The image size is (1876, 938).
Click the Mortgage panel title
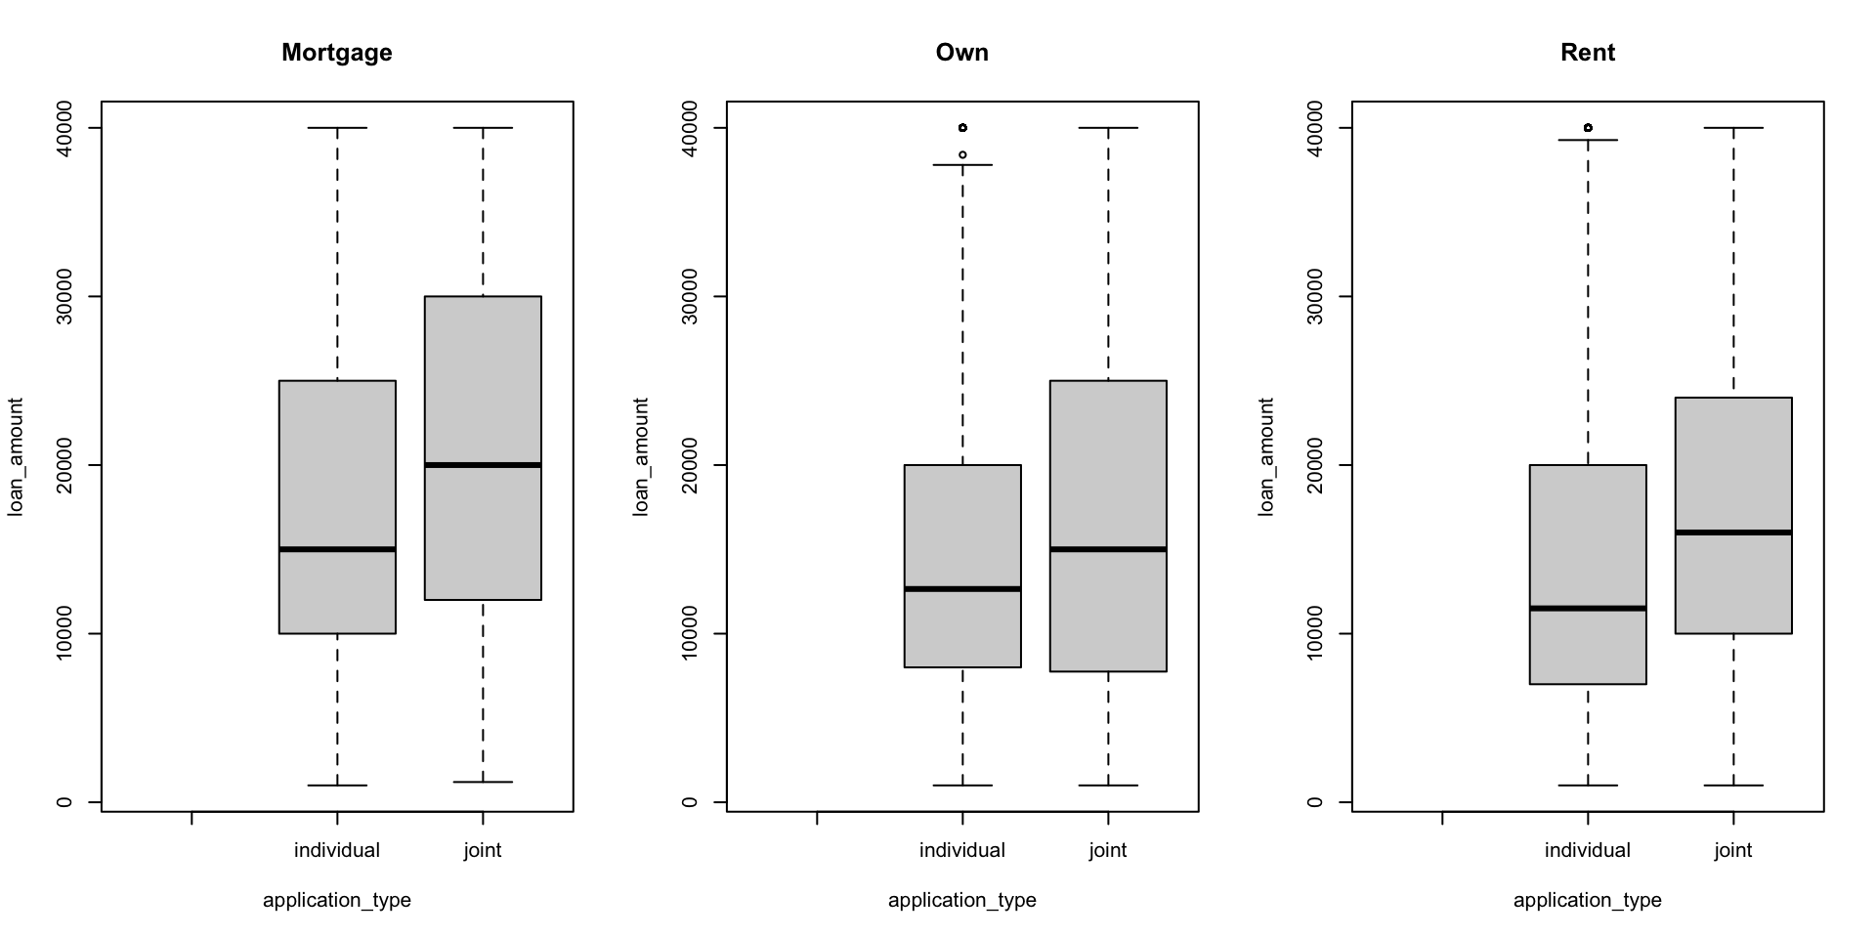coord(336,53)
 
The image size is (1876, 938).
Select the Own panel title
coord(961,53)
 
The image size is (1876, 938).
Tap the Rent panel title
coord(1587,53)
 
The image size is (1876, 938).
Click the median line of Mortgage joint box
coord(483,465)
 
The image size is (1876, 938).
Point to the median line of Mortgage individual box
coord(337,549)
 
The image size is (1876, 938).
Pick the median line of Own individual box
coord(962,588)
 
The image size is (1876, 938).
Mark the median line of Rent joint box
coord(1733,533)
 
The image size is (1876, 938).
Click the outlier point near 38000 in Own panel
coord(962,154)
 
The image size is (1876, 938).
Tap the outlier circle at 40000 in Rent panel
coord(1588,128)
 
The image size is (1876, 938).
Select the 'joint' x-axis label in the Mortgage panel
coord(483,850)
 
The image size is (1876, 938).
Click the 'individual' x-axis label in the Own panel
coord(961,850)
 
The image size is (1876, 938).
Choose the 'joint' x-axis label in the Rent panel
coord(1733,850)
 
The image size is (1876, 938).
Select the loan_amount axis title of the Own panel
coord(641,456)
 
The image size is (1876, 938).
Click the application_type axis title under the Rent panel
coord(1587,900)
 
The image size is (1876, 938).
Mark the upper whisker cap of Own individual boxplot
coord(962,165)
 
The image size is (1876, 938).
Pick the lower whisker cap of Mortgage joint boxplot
coord(483,782)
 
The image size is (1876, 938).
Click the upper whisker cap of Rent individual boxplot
coord(1588,140)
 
